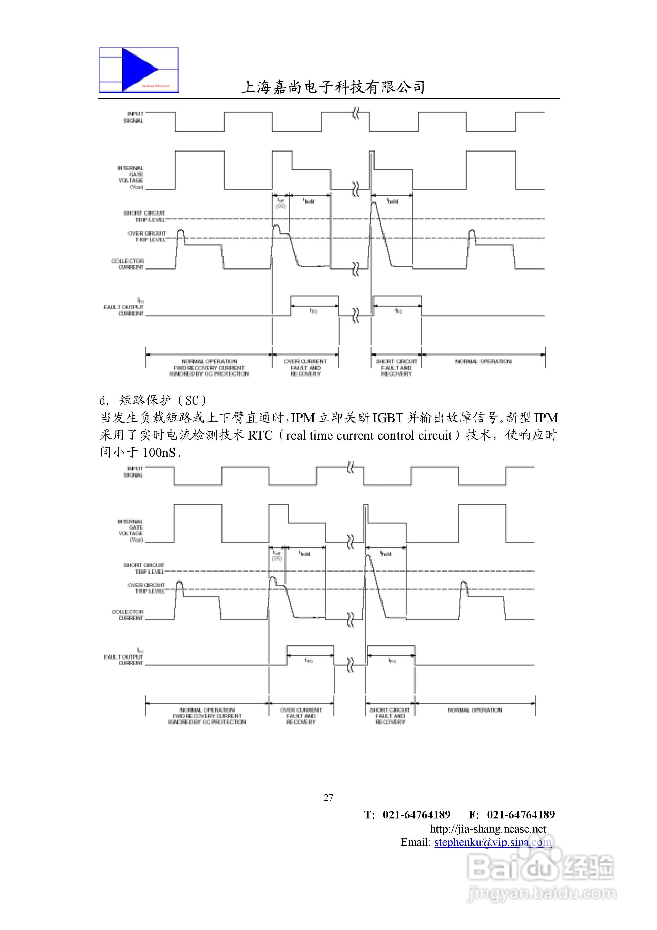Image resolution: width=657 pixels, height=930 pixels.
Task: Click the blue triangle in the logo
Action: (x=138, y=70)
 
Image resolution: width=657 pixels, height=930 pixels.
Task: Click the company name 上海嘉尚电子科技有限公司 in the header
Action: (x=333, y=87)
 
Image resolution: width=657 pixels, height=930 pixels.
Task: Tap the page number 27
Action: (x=328, y=797)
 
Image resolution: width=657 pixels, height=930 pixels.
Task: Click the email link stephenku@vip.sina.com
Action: (x=492, y=842)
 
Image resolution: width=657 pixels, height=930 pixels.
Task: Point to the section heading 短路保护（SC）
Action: (x=162, y=400)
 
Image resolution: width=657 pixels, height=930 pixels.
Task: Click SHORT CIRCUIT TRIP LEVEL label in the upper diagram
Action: (x=145, y=216)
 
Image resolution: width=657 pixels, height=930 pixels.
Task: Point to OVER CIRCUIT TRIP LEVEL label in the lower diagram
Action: (x=146, y=588)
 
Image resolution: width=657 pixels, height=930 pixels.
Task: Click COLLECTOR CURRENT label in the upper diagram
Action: (x=128, y=264)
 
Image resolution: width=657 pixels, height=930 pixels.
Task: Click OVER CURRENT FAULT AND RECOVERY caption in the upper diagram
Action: (x=305, y=367)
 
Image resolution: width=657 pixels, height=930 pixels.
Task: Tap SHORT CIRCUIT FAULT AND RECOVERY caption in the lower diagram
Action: (x=390, y=716)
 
